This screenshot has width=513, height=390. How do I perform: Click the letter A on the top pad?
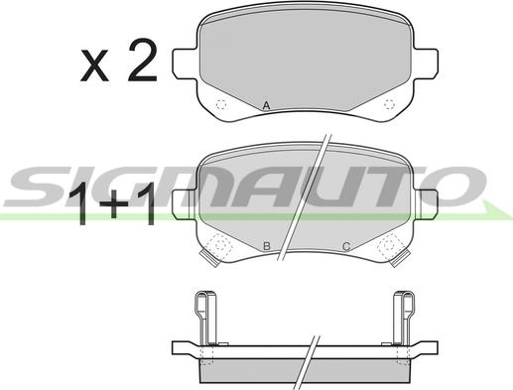click(266, 106)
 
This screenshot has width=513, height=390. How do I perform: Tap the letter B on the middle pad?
click(267, 246)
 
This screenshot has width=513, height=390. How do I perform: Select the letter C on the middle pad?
click(346, 246)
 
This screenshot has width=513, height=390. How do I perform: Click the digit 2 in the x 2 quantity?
click(143, 60)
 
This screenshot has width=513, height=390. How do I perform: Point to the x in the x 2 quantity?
click(94, 65)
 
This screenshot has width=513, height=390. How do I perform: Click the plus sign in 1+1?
click(114, 204)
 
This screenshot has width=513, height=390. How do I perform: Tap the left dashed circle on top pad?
click(221, 105)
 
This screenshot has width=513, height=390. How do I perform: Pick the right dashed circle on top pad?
click(389, 104)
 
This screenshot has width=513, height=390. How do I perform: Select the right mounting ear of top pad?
click(426, 64)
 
